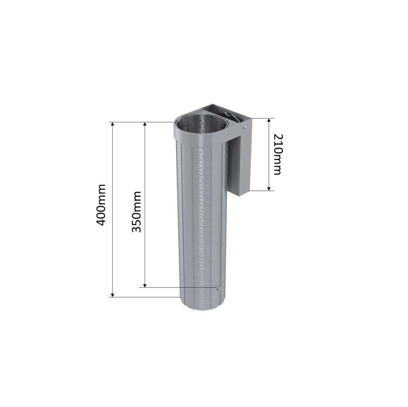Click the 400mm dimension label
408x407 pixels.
tap(101, 205)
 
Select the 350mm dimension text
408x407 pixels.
tap(136, 212)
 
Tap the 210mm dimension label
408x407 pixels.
tap(277, 154)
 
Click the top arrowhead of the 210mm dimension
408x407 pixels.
tap(269, 120)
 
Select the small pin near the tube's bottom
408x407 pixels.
tap(218, 288)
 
